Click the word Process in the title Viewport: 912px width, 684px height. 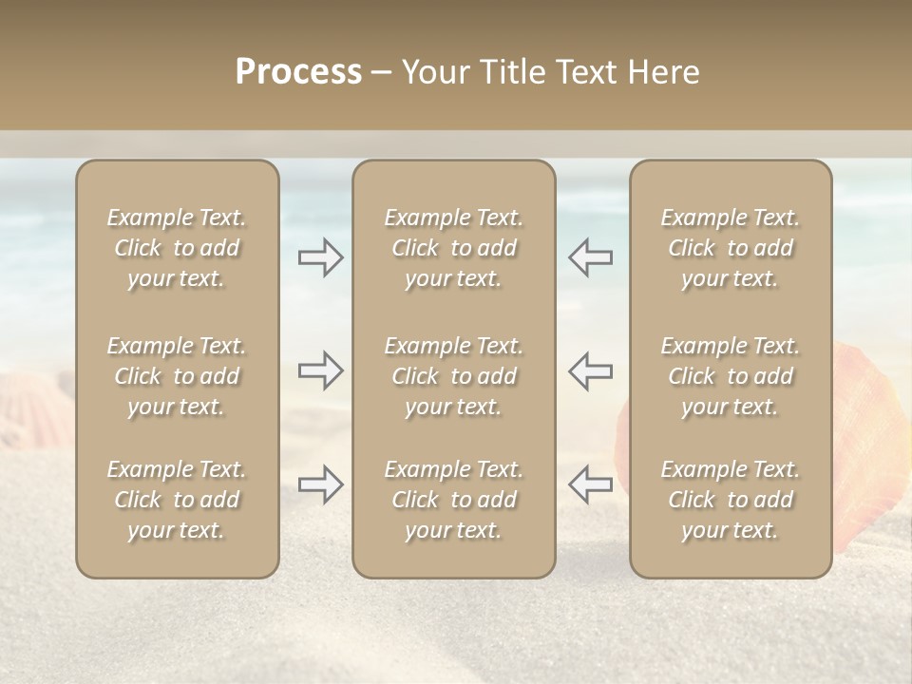[x=298, y=72]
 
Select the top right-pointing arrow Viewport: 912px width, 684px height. [x=321, y=257]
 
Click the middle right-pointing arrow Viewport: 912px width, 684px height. [x=321, y=370]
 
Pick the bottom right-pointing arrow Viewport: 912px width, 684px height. [x=321, y=484]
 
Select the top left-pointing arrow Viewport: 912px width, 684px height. [x=590, y=257]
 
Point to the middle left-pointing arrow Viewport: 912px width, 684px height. [x=590, y=370]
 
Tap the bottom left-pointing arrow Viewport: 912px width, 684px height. [x=590, y=484]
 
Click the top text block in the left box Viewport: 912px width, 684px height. [x=177, y=248]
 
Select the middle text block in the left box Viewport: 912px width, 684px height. [x=177, y=376]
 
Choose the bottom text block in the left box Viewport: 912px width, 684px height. [x=177, y=500]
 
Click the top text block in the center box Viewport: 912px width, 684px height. [x=453, y=248]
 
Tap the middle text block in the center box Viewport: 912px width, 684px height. [x=453, y=376]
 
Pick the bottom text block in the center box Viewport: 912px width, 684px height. [x=453, y=500]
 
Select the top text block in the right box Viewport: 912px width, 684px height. [x=730, y=248]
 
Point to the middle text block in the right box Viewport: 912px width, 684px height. [x=730, y=376]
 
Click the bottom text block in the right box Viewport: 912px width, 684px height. [x=730, y=500]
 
